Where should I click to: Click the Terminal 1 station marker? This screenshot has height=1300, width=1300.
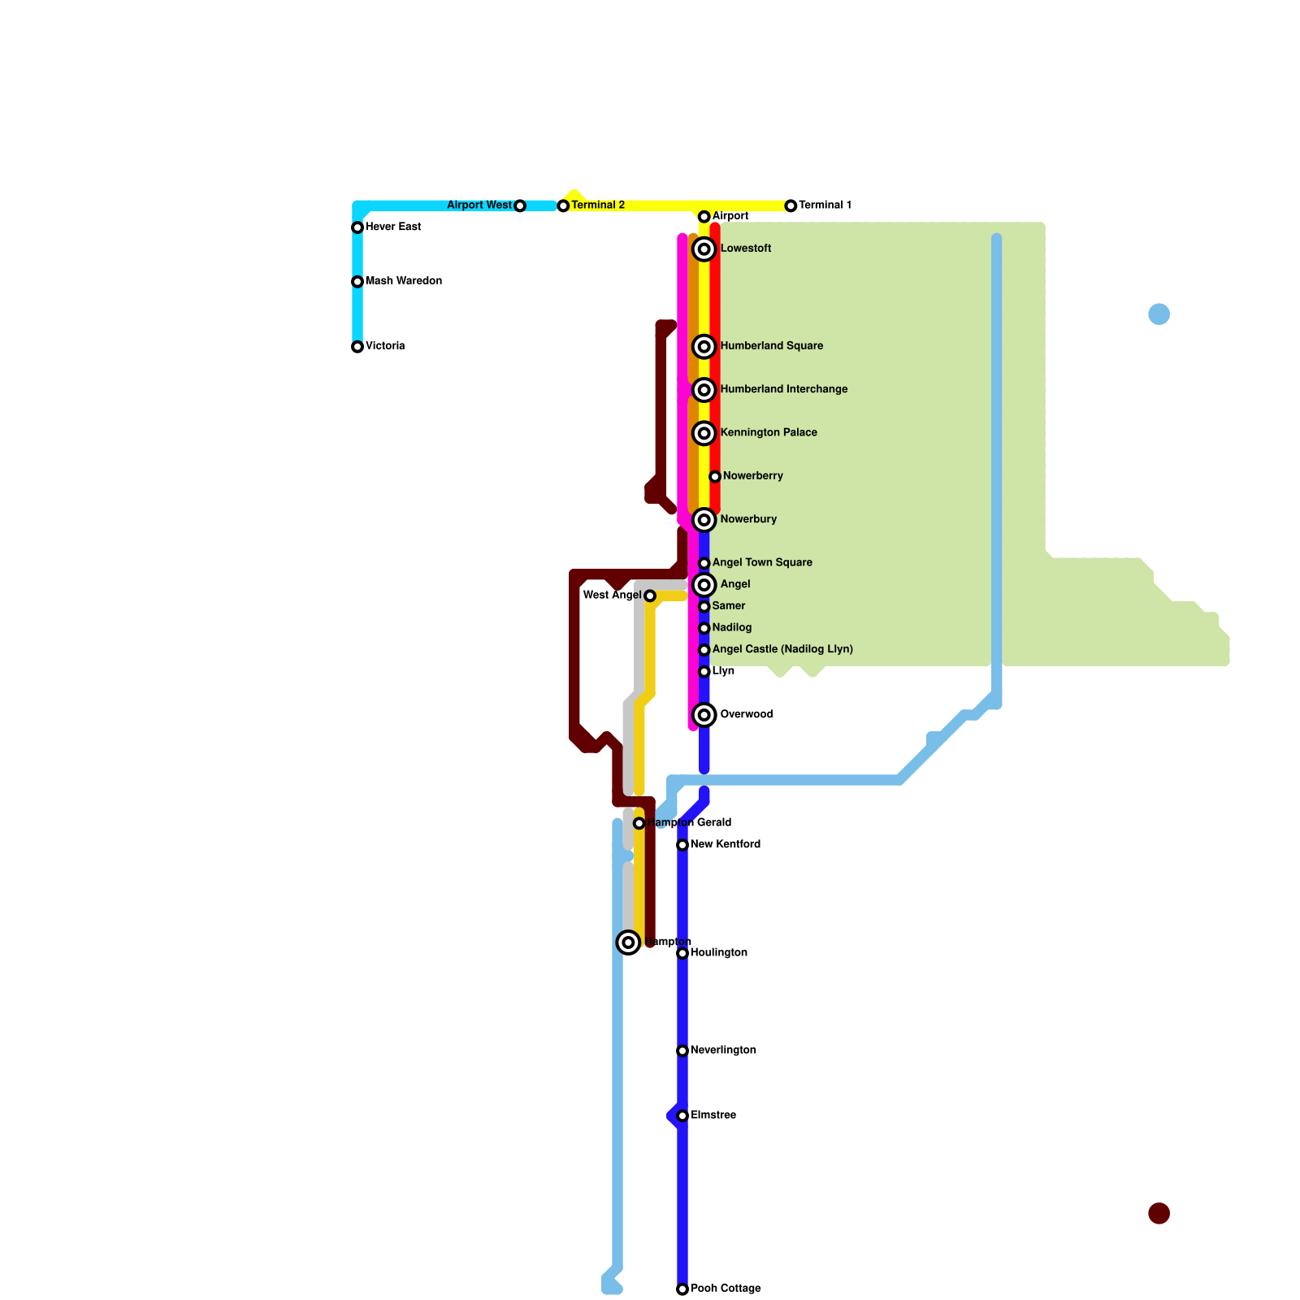click(791, 206)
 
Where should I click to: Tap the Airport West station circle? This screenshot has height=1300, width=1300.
click(520, 206)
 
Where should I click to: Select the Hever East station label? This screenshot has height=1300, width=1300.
click(392, 227)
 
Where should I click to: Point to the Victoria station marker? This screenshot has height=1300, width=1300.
click(357, 347)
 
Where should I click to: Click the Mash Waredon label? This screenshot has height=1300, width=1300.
click(403, 281)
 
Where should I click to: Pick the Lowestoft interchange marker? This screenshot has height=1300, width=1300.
click(704, 249)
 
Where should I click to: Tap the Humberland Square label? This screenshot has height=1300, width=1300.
click(771, 346)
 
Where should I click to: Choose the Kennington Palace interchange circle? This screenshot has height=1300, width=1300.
click(704, 433)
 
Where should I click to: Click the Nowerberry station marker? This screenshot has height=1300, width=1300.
click(715, 477)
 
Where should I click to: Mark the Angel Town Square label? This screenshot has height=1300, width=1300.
click(761, 562)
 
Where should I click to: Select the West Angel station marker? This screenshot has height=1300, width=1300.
click(650, 596)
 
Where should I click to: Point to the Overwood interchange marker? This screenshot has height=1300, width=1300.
click(704, 715)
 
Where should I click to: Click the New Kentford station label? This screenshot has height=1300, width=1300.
click(725, 844)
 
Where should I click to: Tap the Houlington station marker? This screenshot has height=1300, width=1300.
click(682, 953)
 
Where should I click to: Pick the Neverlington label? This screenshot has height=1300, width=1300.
click(722, 1051)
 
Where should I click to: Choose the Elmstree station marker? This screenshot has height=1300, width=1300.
click(682, 1116)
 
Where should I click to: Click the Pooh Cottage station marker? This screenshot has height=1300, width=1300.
click(682, 1289)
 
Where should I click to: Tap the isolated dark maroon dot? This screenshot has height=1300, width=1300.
click(1159, 1213)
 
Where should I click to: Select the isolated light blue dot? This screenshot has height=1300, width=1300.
click(1159, 314)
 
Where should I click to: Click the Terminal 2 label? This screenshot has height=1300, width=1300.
click(597, 205)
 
